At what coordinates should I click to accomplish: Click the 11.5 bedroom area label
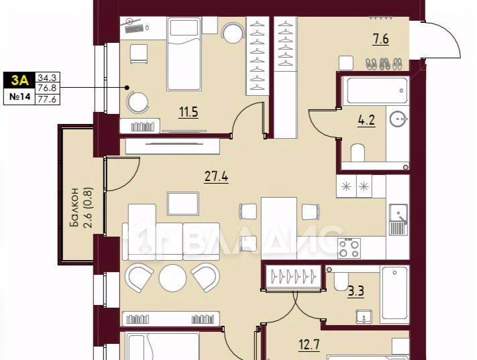click(x=189, y=112)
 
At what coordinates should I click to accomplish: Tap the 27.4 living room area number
click(x=216, y=176)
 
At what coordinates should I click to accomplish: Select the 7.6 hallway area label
click(x=381, y=40)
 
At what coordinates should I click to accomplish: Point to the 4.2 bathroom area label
click(x=366, y=121)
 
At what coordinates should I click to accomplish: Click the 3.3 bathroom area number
click(x=356, y=291)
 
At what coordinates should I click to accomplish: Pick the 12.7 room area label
click(x=309, y=345)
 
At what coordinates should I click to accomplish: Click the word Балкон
click(x=74, y=207)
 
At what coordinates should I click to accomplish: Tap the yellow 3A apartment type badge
click(x=19, y=80)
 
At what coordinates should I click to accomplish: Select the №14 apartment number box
click(x=19, y=97)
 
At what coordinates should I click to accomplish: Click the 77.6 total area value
click(x=47, y=99)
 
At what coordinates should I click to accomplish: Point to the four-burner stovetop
click(x=349, y=249)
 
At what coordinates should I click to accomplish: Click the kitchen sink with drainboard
click(x=399, y=219)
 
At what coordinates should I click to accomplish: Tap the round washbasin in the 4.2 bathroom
click(x=399, y=119)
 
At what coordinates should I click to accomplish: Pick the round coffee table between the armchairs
click(x=173, y=278)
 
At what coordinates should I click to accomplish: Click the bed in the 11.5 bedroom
click(x=184, y=54)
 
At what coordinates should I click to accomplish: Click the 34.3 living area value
click(x=47, y=77)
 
